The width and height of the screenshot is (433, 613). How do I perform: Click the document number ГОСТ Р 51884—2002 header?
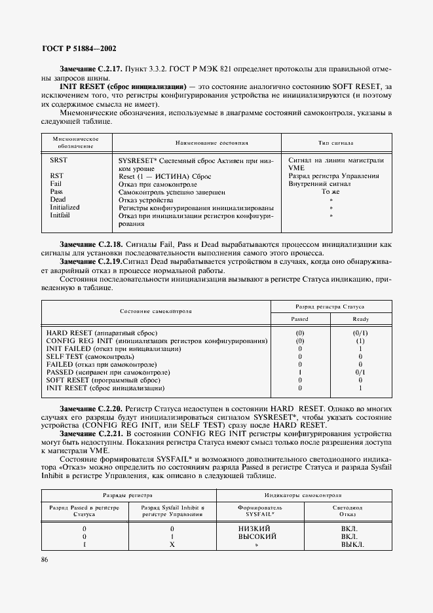tap(79, 48)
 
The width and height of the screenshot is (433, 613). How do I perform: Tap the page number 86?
tap(45, 559)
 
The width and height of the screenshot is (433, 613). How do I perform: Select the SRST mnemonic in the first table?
tap(58, 160)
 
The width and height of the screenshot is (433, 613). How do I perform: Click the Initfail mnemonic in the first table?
tap(60, 215)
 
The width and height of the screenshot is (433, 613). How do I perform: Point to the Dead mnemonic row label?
tap(58, 200)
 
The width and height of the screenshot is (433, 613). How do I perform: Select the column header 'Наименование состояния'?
tap(197, 142)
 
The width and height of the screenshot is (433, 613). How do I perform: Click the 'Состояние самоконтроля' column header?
tap(155, 312)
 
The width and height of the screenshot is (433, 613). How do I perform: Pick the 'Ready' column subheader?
tap(360, 319)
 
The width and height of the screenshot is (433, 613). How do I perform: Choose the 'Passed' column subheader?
tap(299, 319)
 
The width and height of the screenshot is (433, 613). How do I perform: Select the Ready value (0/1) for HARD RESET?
tap(360, 333)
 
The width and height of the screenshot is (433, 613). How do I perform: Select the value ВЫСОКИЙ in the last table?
tap(256, 536)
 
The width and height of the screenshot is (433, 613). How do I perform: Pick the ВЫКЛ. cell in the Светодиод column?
tap(352, 545)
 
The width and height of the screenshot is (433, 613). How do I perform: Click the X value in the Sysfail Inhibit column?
tap(172, 545)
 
